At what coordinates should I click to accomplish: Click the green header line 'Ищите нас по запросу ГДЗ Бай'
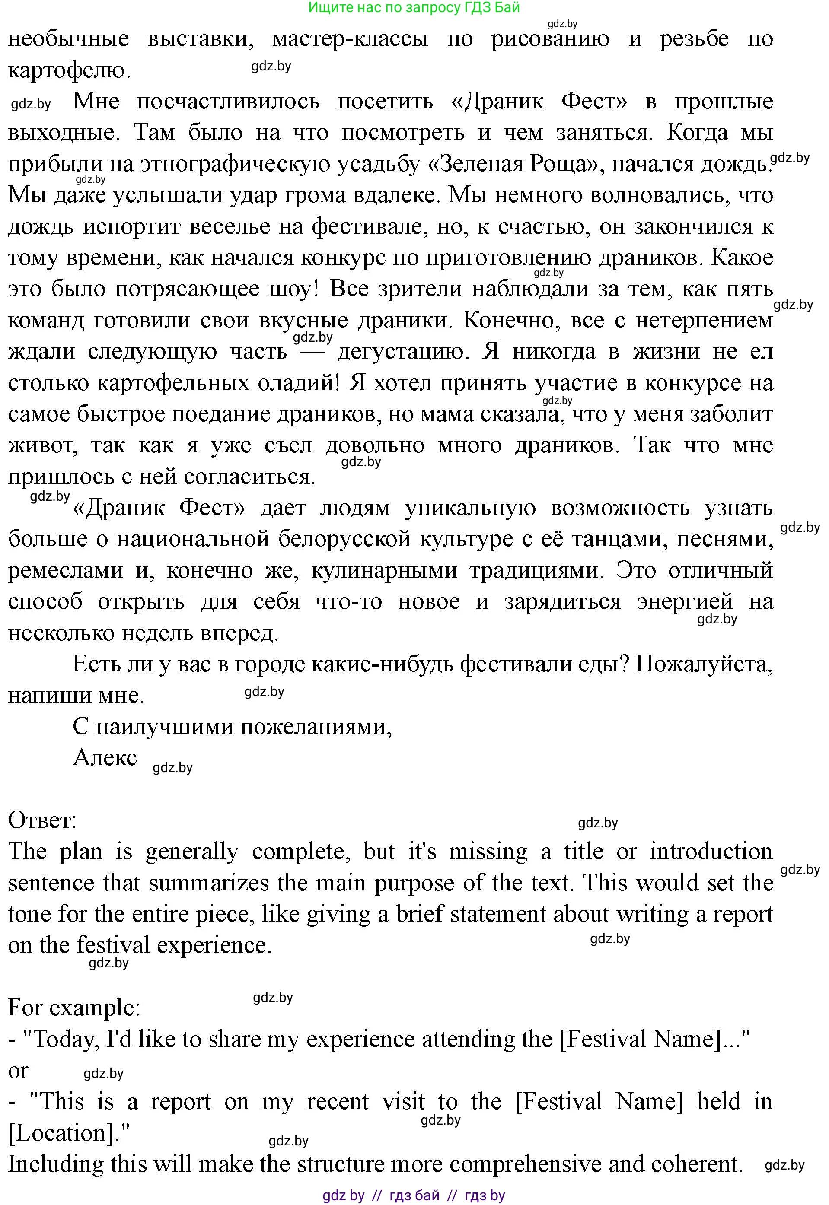coord(414,7)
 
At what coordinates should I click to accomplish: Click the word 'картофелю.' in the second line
coord(69,70)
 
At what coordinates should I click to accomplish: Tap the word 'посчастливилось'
coord(228,101)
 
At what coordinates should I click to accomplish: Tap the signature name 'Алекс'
coord(105,757)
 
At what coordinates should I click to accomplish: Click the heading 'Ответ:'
coord(43,820)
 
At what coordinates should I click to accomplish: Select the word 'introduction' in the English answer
coord(711,852)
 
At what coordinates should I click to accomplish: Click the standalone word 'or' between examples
coord(19,1071)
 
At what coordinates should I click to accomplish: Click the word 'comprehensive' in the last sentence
coord(525,1164)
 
